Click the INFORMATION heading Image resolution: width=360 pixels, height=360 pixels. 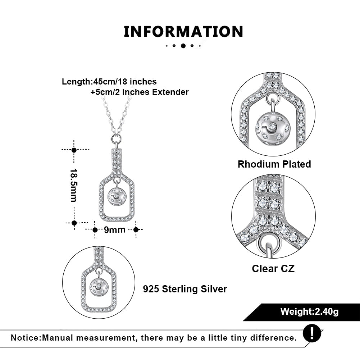coord(183,32)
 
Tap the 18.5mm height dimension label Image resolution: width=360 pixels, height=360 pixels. coord(74,185)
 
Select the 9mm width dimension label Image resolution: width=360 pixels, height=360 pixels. coord(115,230)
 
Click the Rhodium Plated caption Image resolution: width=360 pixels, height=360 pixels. coord(274,164)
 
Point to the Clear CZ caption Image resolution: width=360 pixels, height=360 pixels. coord(273,269)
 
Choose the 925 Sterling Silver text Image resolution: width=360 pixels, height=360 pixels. coord(185,289)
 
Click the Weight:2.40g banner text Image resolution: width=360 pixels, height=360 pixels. coord(309,311)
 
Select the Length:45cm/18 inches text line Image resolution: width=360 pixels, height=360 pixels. coord(109,82)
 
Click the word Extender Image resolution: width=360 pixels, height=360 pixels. coord(170,92)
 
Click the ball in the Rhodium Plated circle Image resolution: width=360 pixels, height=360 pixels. coord(273,129)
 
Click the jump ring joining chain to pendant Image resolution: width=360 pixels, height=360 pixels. coord(116,138)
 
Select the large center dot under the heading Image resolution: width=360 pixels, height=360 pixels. coord(183,46)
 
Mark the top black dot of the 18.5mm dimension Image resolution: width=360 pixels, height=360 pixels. coord(74,150)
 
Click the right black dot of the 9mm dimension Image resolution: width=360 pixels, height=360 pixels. coord(136,230)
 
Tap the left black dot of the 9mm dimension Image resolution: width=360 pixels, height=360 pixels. coord(95,230)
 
